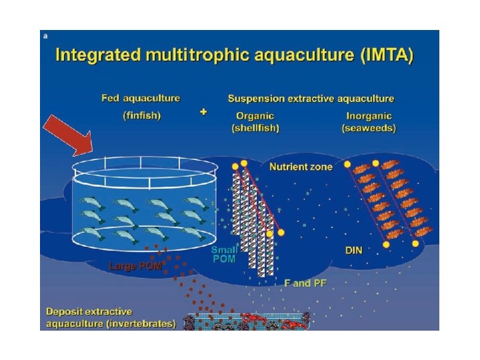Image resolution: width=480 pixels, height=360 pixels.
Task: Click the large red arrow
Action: point(69,135)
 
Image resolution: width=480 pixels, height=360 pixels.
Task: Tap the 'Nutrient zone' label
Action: point(301,167)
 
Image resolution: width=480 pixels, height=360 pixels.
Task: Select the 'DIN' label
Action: point(353,251)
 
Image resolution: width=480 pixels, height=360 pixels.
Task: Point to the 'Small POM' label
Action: point(224,254)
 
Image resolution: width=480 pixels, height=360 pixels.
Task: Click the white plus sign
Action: point(203,112)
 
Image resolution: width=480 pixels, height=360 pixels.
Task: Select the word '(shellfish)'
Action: point(255,127)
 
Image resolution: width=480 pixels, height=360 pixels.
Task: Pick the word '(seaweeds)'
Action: point(369,127)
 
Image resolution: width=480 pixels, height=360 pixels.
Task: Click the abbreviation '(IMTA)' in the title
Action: point(383,55)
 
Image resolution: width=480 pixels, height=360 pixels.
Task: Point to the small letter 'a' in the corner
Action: point(45,37)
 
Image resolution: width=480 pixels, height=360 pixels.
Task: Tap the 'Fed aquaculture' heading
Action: point(141,98)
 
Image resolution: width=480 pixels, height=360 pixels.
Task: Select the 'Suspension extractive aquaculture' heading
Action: point(311,98)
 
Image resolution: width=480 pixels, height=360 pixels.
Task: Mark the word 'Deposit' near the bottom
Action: point(65,311)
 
